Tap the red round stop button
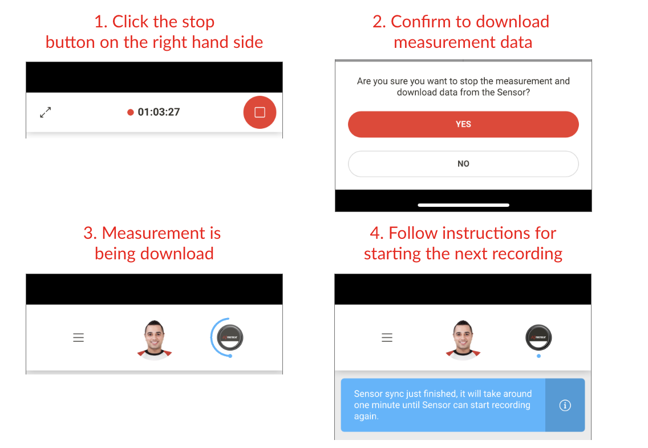pyautogui.click(x=260, y=112)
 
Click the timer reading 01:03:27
pyautogui.click(x=159, y=112)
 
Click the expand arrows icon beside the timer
pyautogui.click(x=46, y=112)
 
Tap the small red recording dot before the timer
pyautogui.click(x=131, y=112)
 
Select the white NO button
pyautogui.click(x=463, y=164)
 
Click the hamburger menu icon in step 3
pyautogui.click(x=79, y=337)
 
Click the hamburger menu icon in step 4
pyautogui.click(x=387, y=337)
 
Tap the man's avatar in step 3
pyautogui.click(x=155, y=339)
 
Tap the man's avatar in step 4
pyautogui.click(x=463, y=339)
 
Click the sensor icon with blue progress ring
pyautogui.click(x=230, y=337)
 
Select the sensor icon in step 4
pyautogui.click(x=538, y=337)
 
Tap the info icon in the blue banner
pyautogui.click(x=565, y=405)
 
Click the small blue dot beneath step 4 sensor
pyautogui.click(x=538, y=356)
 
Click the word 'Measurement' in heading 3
pyautogui.click(x=161, y=233)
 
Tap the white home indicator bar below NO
pyautogui.click(x=463, y=205)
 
